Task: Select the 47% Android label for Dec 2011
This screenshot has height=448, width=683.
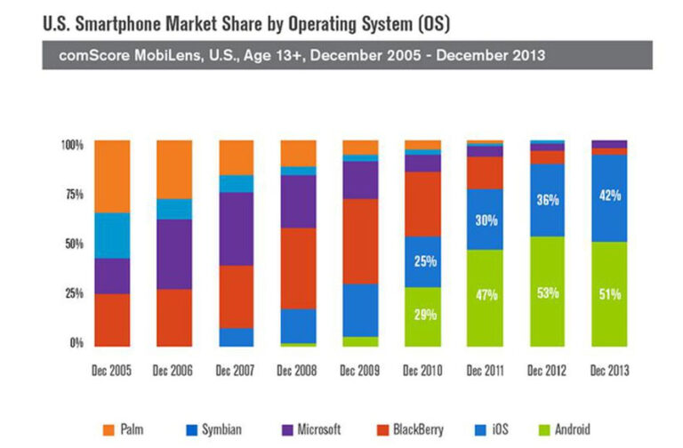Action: coord(485,296)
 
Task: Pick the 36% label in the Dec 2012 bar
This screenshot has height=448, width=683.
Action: coord(547,201)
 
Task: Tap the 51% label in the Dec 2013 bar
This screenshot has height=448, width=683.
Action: coord(609,294)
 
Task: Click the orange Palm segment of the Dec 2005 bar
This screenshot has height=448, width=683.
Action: coord(111,176)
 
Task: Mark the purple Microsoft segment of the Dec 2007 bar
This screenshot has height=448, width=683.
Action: coord(236,228)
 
